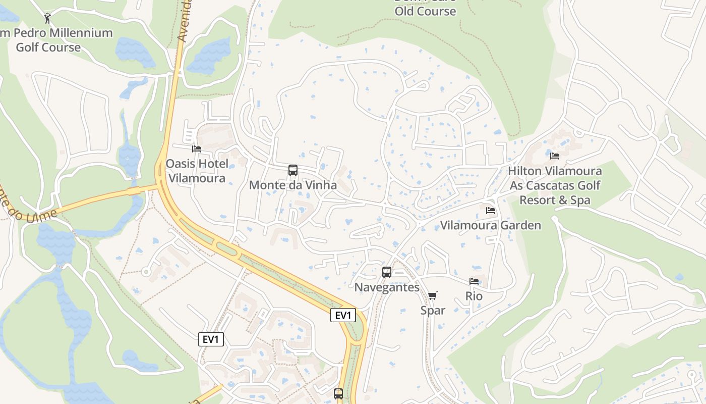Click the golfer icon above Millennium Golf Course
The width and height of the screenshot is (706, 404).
48,18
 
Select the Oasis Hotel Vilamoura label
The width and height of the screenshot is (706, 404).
197,171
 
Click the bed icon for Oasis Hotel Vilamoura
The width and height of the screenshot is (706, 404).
197,149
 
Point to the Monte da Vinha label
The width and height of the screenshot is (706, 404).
293,185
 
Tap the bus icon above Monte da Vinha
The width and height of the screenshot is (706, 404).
293,170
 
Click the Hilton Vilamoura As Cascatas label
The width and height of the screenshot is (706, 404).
555,185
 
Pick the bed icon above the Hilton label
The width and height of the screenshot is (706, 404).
555,156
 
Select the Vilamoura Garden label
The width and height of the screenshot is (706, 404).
491,225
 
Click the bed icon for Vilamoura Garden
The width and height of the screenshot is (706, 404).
491,211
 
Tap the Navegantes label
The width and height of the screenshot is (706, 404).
387,287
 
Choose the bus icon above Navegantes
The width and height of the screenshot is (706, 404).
387,272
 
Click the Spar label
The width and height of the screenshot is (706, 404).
433,311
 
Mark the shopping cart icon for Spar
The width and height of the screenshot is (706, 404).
433,295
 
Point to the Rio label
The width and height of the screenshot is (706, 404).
474,296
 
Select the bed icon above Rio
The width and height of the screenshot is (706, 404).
474,281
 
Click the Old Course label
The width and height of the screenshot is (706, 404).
425,11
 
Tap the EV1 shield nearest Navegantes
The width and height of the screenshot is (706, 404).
343,316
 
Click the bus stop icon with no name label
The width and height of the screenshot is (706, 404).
338,393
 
